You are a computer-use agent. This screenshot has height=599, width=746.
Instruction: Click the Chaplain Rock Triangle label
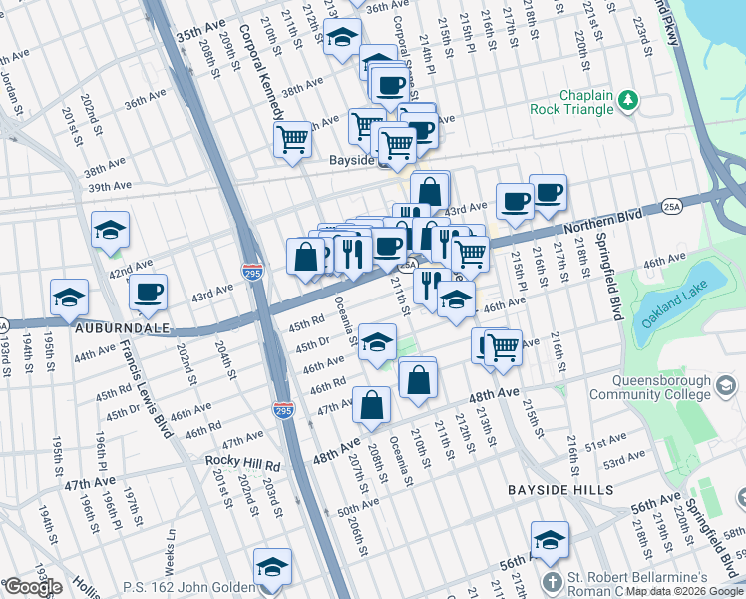(x=590, y=101)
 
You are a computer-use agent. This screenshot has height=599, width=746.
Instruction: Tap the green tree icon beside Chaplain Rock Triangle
(x=628, y=100)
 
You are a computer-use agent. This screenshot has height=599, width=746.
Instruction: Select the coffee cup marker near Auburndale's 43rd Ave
(x=148, y=291)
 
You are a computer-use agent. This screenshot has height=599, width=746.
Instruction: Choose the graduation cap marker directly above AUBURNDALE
(x=69, y=296)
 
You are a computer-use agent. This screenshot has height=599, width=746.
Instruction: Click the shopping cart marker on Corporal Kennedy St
(x=292, y=138)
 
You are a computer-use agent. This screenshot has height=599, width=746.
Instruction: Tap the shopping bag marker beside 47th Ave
(x=371, y=405)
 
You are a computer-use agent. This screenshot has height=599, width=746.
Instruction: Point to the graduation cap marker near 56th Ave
(x=549, y=539)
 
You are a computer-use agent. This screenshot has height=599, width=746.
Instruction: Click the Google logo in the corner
(x=33, y=587)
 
